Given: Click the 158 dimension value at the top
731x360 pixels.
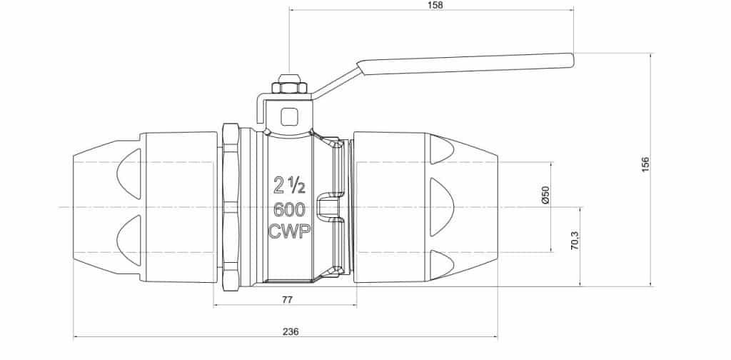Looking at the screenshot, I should point(434,5).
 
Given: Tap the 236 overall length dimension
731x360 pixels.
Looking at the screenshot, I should point(290,331).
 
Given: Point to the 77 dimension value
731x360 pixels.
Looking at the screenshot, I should point(287,300).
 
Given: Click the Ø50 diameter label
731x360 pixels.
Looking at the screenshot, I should point(545,196).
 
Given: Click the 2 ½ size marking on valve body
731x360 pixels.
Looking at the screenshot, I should point(290,187).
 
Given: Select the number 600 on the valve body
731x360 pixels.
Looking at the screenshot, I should point(289,210).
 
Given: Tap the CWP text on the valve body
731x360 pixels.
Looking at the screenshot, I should point(289,232).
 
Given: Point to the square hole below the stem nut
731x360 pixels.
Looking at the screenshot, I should point(290,115).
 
